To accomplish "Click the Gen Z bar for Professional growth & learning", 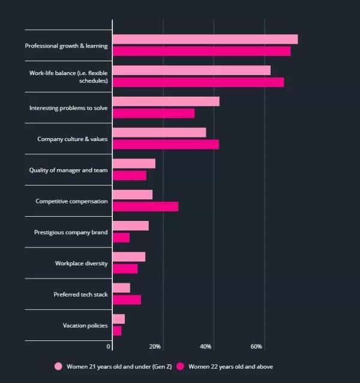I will click(205, 39).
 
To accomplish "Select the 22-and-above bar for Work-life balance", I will click(198, 82).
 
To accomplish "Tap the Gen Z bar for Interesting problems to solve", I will click(166, 101).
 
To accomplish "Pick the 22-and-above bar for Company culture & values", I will click(166, 145).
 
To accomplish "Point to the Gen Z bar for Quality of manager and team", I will click(134, 163).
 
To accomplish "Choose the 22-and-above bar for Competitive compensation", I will click(145, 207).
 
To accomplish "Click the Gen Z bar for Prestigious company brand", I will click(130, 226).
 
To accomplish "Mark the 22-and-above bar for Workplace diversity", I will click(125, 269).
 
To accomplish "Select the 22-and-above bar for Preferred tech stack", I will click(127, 300).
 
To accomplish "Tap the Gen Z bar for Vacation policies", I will click(119, 319).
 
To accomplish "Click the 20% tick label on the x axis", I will click(155, 347).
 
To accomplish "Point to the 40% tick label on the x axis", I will click(206, 347).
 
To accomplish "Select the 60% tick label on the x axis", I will click(256, 347).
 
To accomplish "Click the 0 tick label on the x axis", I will click(109, 347).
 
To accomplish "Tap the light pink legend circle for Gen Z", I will click(58, 366).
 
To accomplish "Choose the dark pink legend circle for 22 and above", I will click(180, 366).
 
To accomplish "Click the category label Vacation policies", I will click(85, 325).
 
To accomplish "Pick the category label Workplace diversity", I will click(82, 264).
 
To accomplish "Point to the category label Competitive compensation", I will click(72, 201).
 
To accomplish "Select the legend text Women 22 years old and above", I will click(231, 366).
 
